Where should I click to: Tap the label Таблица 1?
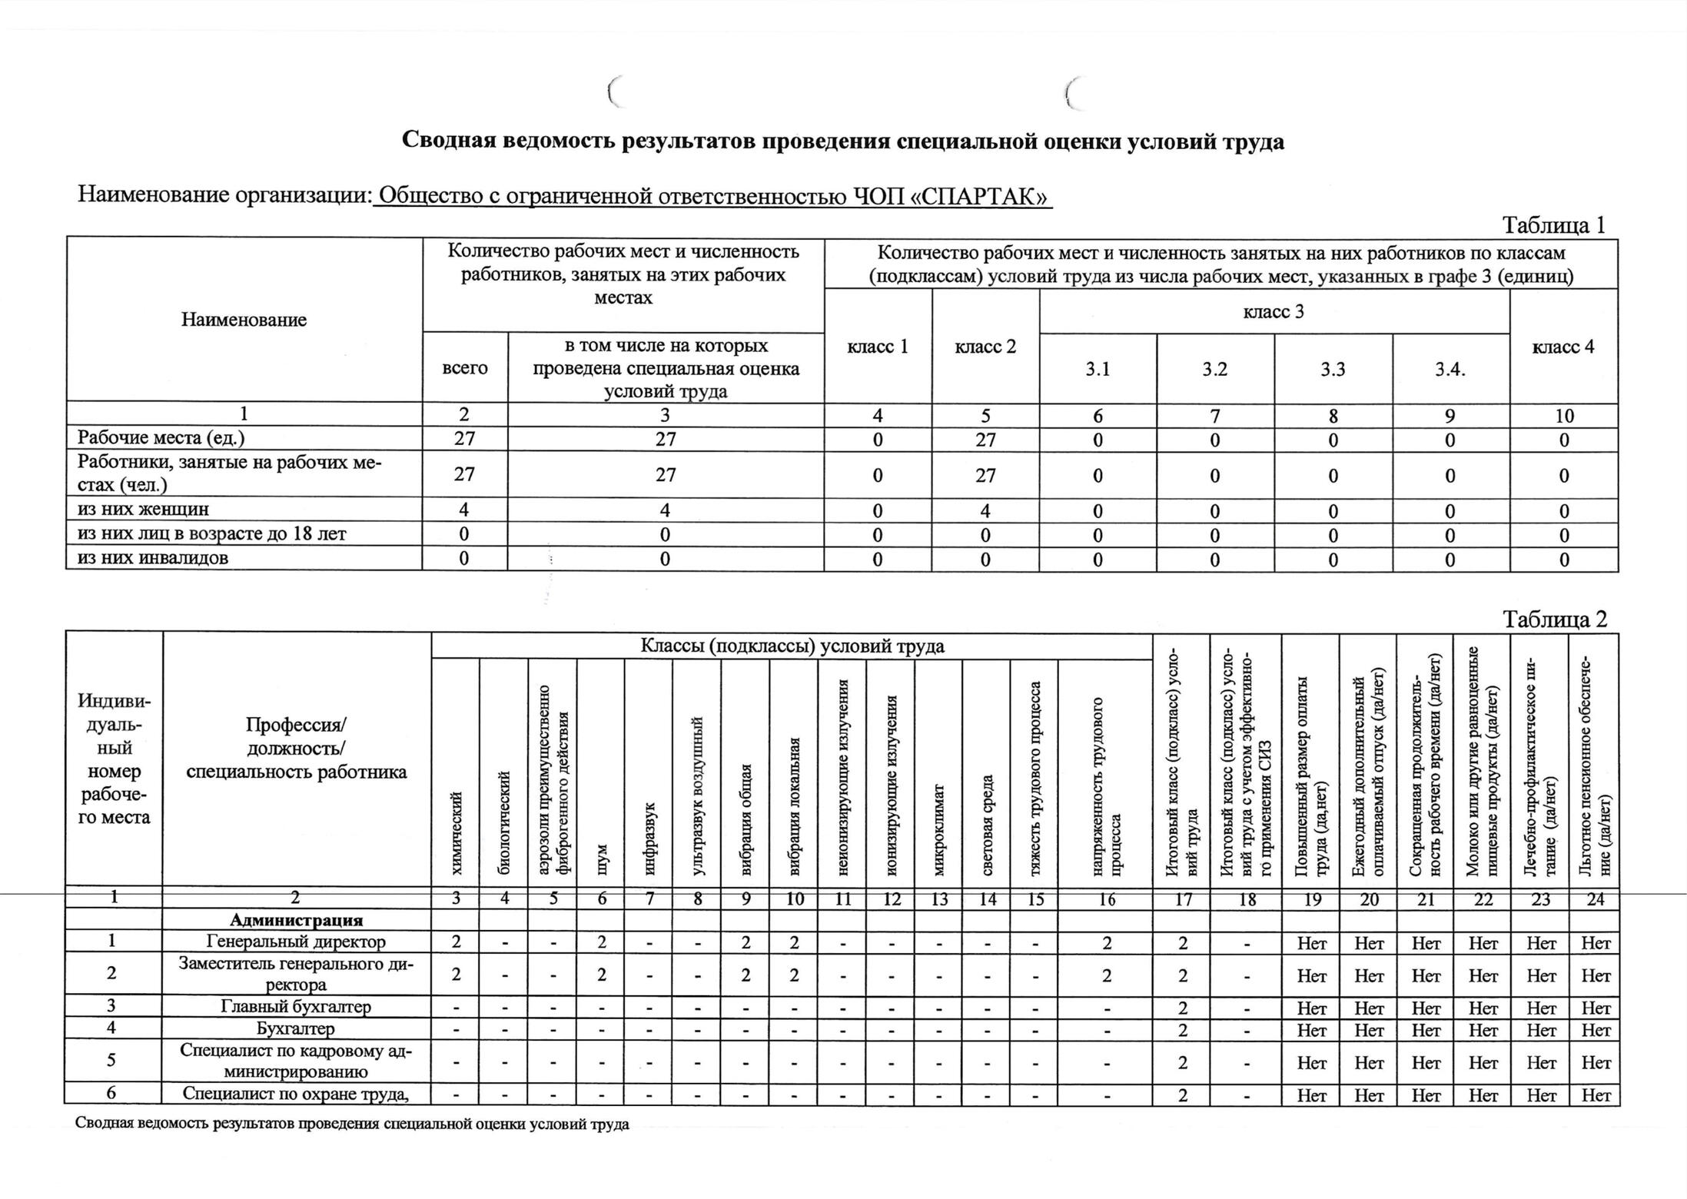[x=1553, y=225]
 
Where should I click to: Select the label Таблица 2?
[x=1555, y=619]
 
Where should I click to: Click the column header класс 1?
[x=878, y=347]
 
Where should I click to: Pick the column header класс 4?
[x=1563, y=347]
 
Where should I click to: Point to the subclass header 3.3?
[x=1333, y=370]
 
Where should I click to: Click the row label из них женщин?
[x=144, y=510]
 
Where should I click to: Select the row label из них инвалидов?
[x=153, y=558]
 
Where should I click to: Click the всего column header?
[x=465, y=368]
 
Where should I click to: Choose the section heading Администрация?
[x=296, y=920]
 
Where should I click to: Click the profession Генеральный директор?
[x=296, y=942]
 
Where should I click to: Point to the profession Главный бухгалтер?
[x=296, y=1007]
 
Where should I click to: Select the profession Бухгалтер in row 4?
[x=296, y=1028]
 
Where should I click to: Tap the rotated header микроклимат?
[x=938, y=829]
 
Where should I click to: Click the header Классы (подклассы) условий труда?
[x=792, y=646]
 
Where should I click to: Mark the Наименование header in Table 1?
[x=244, y=320]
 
